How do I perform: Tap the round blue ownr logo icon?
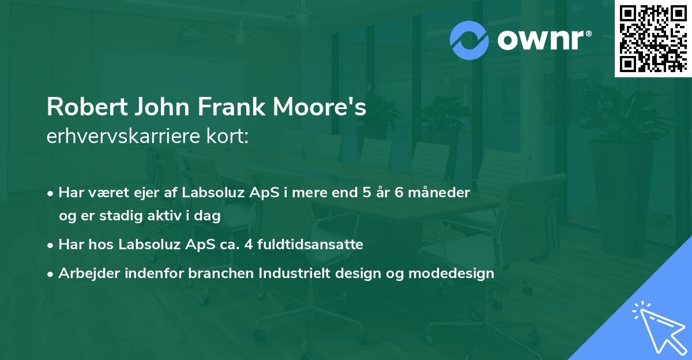pyautogui.click(x=469, y=40)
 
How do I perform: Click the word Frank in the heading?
pyautogui.click(x=229, y=108)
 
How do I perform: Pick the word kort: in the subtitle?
pyautogui.click(x=229, y=137)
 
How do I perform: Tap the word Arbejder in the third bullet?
pyautogui.click(x=85, y=273)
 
